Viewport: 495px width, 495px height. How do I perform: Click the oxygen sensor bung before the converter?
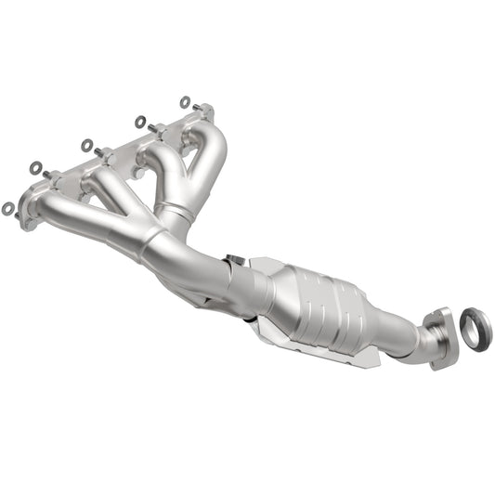click(x=235, y=261)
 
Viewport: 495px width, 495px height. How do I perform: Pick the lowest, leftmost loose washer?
click(x=8, y=209)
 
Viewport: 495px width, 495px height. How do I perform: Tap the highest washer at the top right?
click(x=185, y=101)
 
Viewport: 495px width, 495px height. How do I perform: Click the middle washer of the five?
click(x=87, y=145)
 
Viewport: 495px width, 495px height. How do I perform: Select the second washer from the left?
click(x=35, y=168)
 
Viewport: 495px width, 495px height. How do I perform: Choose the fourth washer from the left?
click(x=140, y=122)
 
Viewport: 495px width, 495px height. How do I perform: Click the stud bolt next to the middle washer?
click(x=98, y=152)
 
